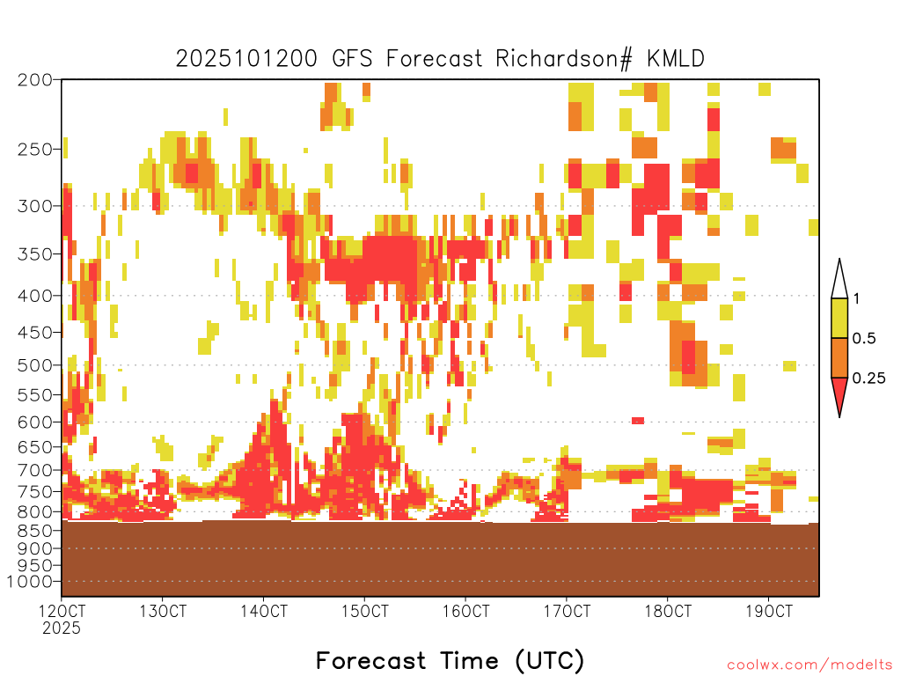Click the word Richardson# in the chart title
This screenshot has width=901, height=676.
[564, 59]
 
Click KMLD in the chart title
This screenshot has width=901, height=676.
[675, 59]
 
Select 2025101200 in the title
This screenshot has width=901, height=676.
[246, 59]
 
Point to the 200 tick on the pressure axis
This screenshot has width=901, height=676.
[34, 80]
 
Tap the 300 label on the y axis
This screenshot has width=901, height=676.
[34, 206]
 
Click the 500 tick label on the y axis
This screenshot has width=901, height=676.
[34, 365]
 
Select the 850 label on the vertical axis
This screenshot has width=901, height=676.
[34, 530]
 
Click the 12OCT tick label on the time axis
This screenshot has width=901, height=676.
[62, 611]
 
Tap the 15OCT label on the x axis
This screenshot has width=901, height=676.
[365, 611]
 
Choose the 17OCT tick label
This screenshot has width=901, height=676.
[568, 611]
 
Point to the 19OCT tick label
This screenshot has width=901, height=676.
[769, 611]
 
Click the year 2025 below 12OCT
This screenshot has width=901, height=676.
[62, 628]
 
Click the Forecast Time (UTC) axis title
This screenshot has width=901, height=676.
[450, 660]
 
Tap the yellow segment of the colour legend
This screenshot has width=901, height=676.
[839, 318]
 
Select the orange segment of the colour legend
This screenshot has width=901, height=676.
[839, 357]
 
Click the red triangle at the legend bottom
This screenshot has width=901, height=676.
[839, 393]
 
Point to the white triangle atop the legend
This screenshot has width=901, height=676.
[839, 283]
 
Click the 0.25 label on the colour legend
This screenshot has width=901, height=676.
[868, 378]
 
